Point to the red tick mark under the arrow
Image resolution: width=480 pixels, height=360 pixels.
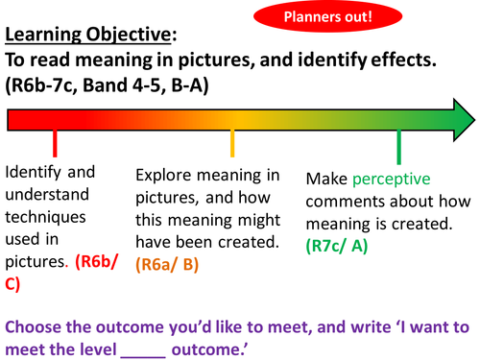click(55, 144)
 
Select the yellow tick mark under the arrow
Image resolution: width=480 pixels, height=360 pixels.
click(232, 144)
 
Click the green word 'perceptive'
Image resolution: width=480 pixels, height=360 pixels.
click(390, 180)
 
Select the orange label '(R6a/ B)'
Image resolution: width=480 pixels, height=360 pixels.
click(169, 263)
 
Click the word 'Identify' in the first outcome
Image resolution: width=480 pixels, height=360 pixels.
click(36, 174)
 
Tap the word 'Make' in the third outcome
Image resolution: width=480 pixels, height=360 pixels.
click(324, 180)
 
